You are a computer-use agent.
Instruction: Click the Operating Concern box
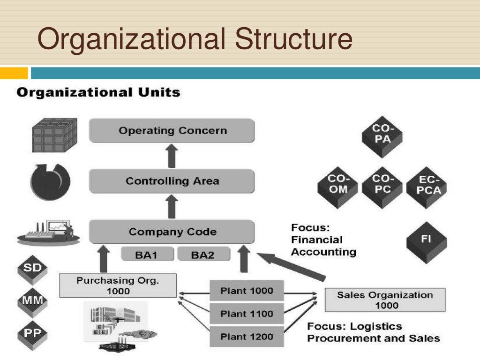(172, 130)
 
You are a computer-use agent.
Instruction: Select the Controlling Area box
(172, 181)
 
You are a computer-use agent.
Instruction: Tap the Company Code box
(172, 232)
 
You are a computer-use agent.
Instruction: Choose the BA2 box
(202, 255)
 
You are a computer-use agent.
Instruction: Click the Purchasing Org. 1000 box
(118, 285)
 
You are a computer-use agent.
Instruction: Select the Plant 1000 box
(247, 291)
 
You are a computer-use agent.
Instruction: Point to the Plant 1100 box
(247, 314)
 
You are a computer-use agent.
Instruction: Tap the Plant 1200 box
(247, 337)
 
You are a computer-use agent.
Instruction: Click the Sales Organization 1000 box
(385, 300)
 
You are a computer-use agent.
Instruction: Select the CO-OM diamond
(337, 184)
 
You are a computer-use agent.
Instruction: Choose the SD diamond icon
(32, 269)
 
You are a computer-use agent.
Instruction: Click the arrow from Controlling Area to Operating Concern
(172, 156)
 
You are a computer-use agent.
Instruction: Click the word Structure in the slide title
(293, 39)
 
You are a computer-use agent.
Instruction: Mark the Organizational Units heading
(98, 92)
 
